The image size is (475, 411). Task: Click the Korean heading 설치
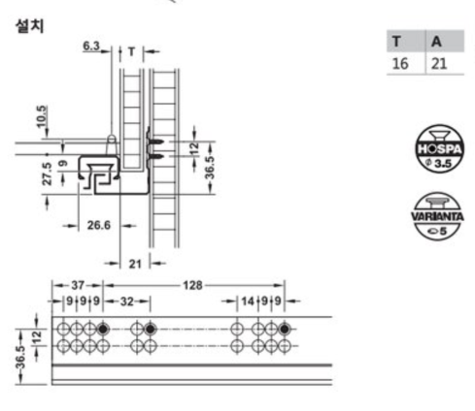pos(29,26)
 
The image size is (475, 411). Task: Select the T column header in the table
pos(396,42)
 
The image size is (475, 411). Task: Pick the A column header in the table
pos(436,42)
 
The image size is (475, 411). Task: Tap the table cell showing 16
pos(400,63)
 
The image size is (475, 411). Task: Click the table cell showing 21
pos(439,63)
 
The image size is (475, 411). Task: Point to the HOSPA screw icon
pos(439,148)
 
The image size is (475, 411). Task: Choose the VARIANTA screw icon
pos(437,216)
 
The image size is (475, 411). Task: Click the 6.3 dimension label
pos(91,46)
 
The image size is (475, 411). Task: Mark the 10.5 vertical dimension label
pos(42,116)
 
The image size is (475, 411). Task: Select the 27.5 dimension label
pos(48,174)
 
